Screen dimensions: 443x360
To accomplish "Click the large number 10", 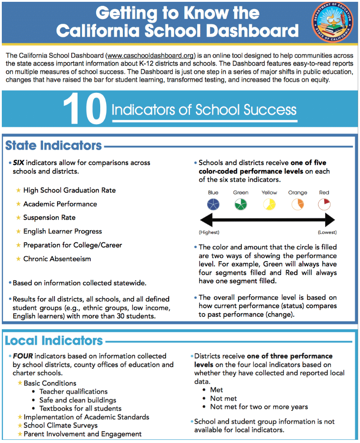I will click(x=84, y=110).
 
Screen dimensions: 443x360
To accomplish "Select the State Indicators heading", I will click(x=54, y=146).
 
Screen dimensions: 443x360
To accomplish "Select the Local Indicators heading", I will click(x=54, y=340).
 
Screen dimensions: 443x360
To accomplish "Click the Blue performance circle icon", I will click(x=213, y=204).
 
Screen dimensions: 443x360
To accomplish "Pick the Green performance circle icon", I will click(x=241, y=204).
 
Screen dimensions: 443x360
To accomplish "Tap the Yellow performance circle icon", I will click(x=269, y=204).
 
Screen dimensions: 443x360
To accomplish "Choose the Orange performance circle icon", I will click(x=297, y=204).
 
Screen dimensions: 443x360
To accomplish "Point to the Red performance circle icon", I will click(x=324, y=204).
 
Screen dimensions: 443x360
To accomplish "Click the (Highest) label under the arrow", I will click(x=209, y=232).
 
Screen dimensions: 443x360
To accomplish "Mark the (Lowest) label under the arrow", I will click(x=326, y=232).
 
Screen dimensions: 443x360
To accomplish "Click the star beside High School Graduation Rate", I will click(x=18, y=190).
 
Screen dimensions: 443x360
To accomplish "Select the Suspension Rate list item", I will click(x=49, y=217).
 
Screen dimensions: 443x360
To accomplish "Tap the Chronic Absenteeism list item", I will click(x=57, y=259).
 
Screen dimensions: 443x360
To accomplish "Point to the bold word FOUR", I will click(x=22, y=356).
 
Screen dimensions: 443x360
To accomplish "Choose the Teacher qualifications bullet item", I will click(x=73, y=391).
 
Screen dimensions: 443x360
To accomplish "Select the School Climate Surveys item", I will click(x=60, y=425).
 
